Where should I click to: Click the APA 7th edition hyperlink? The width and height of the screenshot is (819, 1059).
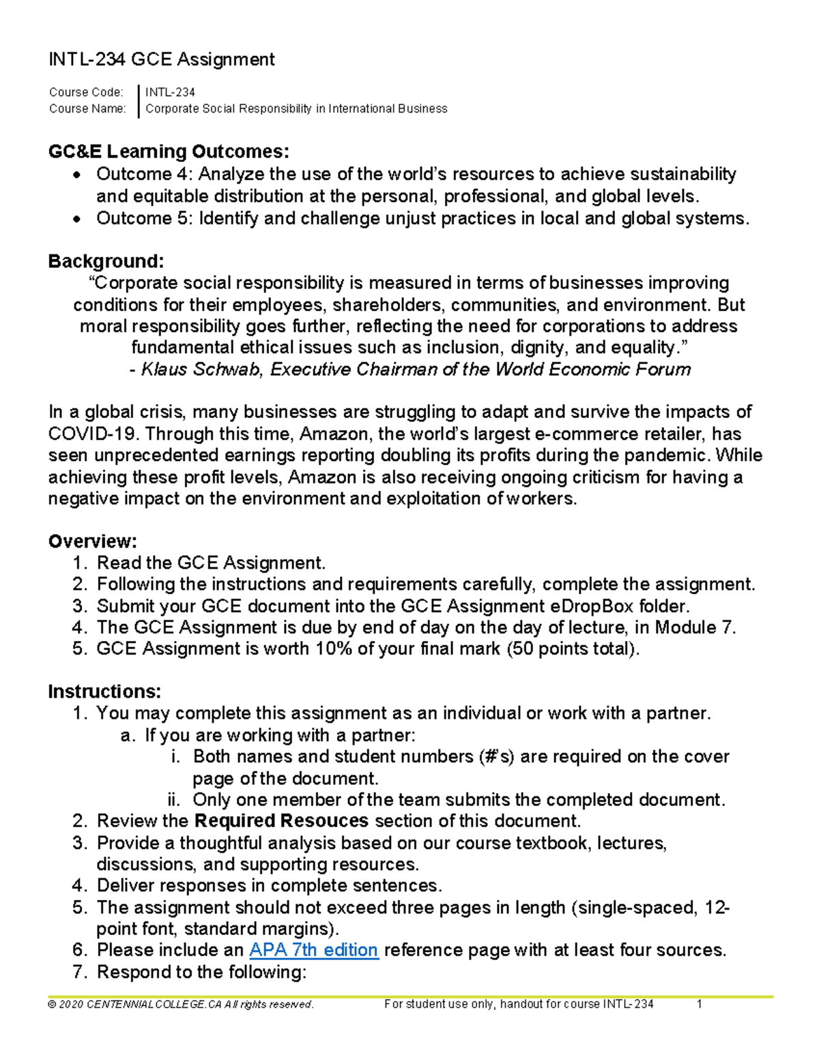coord(314,950)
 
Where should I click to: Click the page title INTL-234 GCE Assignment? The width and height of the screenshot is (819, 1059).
coord(162,60)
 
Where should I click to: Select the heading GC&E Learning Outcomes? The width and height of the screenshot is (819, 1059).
coord(169,151)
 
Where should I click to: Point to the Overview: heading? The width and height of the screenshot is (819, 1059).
coord(92,541)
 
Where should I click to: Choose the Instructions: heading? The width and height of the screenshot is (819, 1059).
coord(104,691)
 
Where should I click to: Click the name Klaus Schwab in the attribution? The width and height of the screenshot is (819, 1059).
coord(200,370)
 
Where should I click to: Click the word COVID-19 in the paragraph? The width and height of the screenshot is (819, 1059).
coord(91,434)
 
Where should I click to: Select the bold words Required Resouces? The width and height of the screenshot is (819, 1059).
coord(281,821)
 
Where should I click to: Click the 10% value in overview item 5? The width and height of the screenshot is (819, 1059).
coord(333,648)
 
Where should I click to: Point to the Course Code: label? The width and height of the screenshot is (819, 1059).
coord(86,93)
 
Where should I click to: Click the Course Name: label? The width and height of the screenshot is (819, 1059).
coord(87,109)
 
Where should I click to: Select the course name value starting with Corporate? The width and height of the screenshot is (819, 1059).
coord(296,109)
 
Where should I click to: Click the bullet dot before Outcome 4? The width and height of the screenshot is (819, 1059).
coord(79,175)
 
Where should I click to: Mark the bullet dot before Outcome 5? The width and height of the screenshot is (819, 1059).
coord(79,219)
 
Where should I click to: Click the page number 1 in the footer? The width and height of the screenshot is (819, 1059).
coord(699,1004)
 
